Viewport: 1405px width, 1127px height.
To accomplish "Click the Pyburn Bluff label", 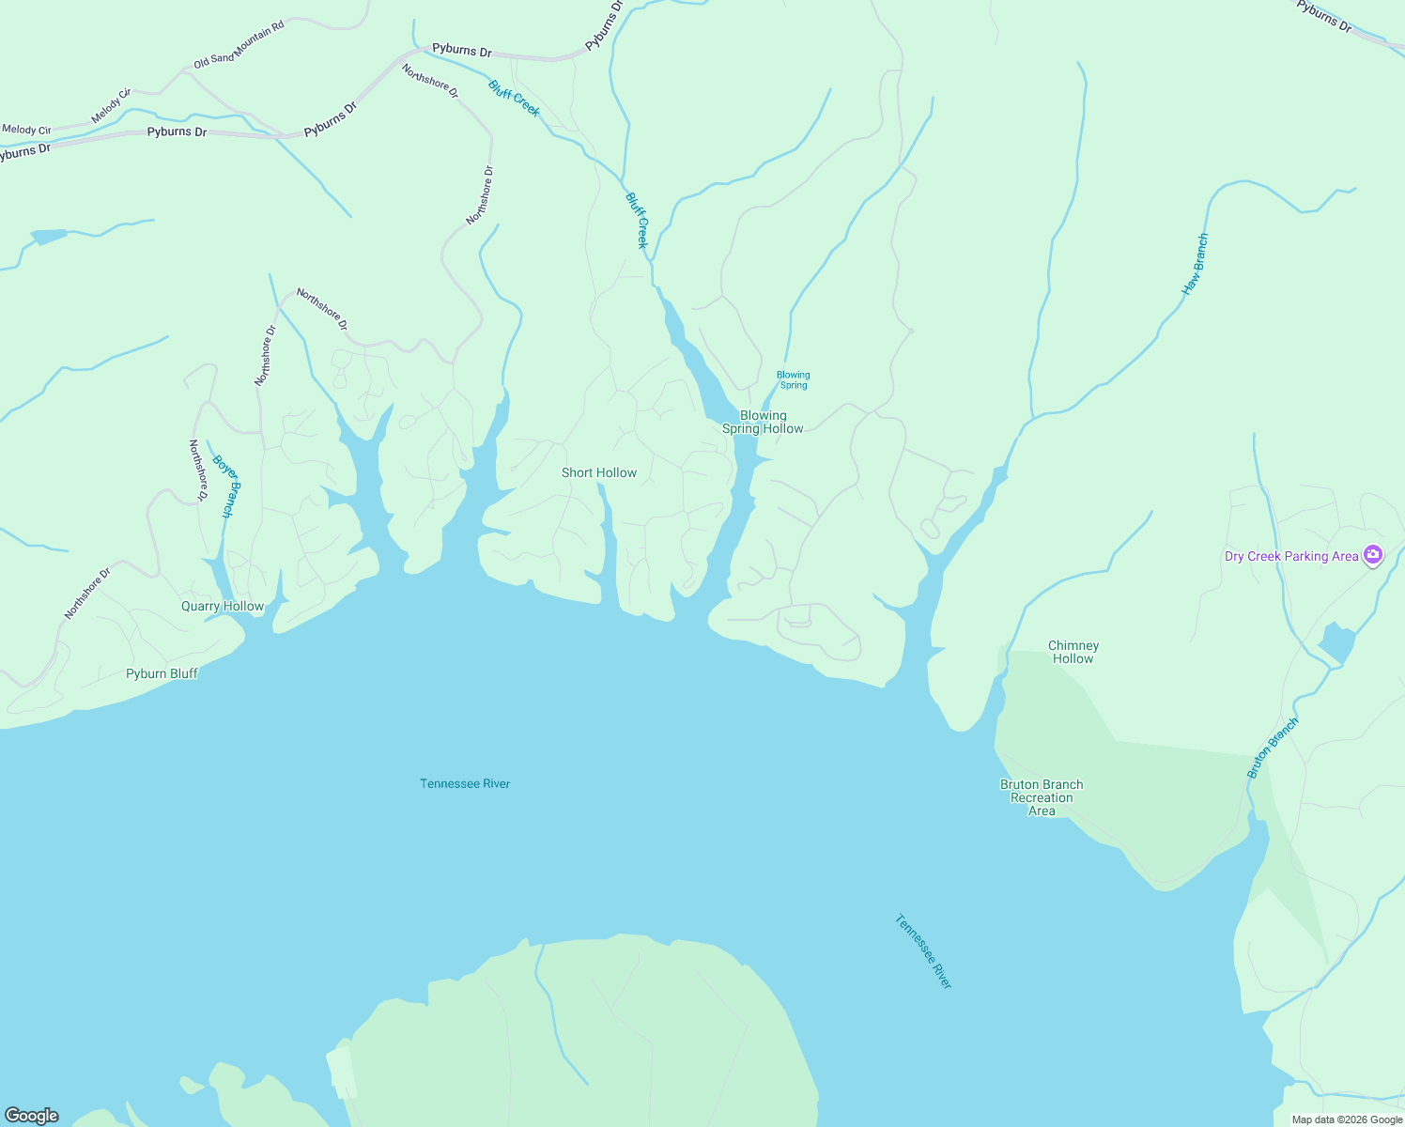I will pyautogui.click(x=162, y=673).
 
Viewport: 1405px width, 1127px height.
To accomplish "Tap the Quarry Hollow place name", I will pyautogui.click(x=223, y=606).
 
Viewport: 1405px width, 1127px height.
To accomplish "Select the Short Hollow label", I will pyautogui.click(x=599, y=472).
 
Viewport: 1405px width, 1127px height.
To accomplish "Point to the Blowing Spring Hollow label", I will pyautogui.click(x=763, y=422).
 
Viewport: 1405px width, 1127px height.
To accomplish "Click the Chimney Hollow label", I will pyautogui.click(x=1073, y=652).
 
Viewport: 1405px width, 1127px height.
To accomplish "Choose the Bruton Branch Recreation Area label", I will pyautogui.click(x=1042, y=797).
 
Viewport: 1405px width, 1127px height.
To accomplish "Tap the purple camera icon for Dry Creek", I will pyautogui.click(x=1373, y=555).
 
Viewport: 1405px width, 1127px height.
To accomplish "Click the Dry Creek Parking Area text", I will pyautogui.click(x=1291, y=556).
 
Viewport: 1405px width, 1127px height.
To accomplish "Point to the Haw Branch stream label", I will pyautogui.click(x=1195, y=265).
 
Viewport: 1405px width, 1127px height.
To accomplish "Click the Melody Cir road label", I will pyautogui.click(x=111, y=106).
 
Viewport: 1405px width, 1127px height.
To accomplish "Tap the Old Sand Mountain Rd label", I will pyautogui.click(x=239, y=46).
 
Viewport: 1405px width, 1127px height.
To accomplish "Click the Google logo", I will pyautogui.click(x=32, y=1116).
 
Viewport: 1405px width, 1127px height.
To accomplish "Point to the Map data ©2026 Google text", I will pyautogui.click(x=1347, y=1119).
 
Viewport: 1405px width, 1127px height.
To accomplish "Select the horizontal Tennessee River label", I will pyautogui.click(x=465, y=783).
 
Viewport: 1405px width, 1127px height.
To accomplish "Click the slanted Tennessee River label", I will pyautogui.click(x=924, y=950).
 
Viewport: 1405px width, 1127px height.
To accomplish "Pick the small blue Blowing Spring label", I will pyautogui.click(x=794, y=379).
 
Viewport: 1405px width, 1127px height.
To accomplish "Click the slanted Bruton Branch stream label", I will pyautogui.click(x=1273, y=748).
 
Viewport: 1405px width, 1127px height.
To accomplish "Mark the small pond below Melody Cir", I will pyautogui.click(x=49, y=236).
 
